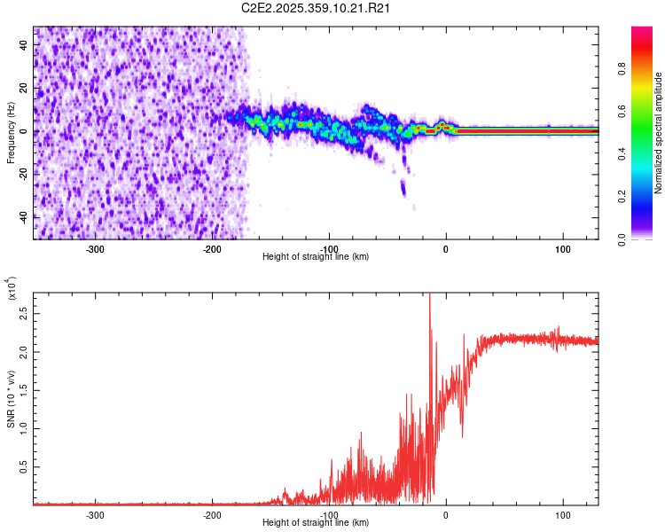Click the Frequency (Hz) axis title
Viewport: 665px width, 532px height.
(x=11, y=133)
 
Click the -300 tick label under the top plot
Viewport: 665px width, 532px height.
(x=95, y=248)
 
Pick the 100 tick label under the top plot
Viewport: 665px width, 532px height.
(x=562, y=248)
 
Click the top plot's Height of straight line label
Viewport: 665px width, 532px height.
(x=317, y=257)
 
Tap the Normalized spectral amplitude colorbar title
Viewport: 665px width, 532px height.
(x=659, y=133)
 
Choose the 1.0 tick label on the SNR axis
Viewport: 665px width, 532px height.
(x=25, y=428)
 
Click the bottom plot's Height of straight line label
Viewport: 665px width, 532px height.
(x=317, y=523)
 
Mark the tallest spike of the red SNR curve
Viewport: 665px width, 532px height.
(x=429, y=295)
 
